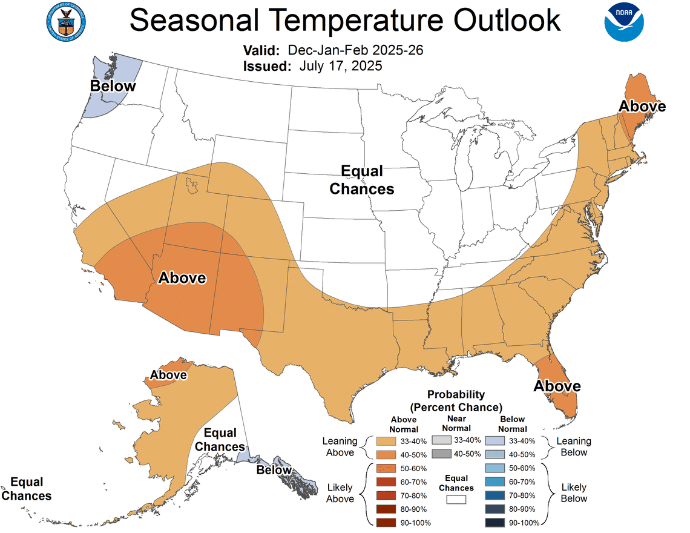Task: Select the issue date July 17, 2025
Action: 340,66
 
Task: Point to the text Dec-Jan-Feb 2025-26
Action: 355,50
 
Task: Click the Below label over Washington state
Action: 113,86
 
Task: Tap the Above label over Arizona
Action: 182,278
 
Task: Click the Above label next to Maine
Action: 642,107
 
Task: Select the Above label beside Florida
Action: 557,386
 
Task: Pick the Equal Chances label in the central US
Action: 361,180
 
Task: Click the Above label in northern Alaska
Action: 168,375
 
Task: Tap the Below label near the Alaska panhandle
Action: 274,470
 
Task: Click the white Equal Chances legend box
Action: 456,500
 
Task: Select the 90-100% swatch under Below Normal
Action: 495,522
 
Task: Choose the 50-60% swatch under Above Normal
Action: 385,468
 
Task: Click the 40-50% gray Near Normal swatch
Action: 441,454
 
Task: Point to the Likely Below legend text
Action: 573,493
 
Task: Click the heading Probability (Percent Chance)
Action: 456,400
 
